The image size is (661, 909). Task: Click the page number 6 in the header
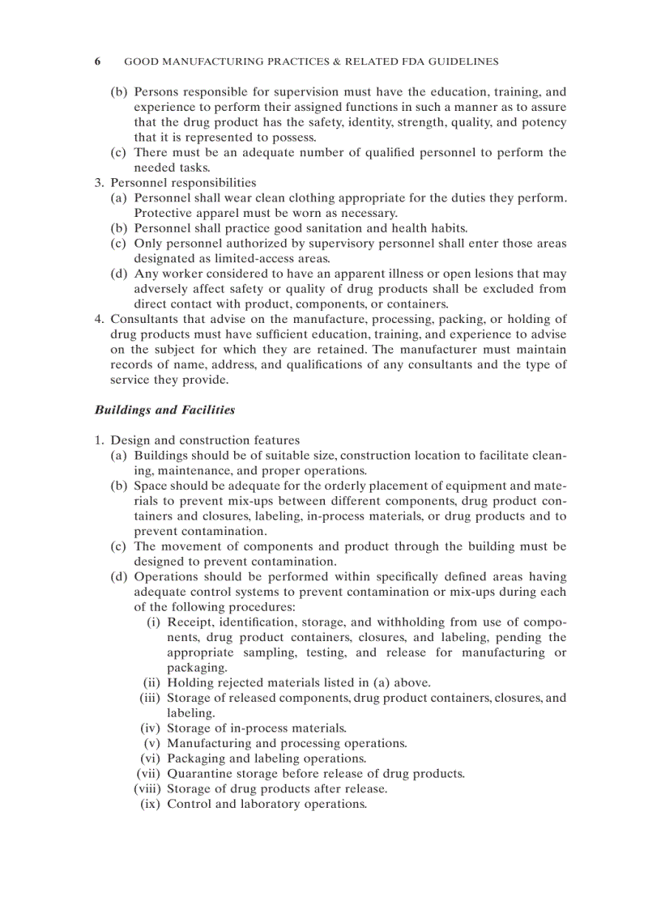coord(98,62)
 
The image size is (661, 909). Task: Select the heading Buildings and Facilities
coord(164,410)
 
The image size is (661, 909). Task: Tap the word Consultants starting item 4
coord(143,319)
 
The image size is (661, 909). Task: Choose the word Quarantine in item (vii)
coord(199,774)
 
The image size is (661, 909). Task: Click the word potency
coord(544,123)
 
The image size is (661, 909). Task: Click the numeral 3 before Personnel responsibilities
coord(98,183)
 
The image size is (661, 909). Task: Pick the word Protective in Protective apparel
coord(162,214)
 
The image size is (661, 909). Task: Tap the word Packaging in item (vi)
coord(196,758)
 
